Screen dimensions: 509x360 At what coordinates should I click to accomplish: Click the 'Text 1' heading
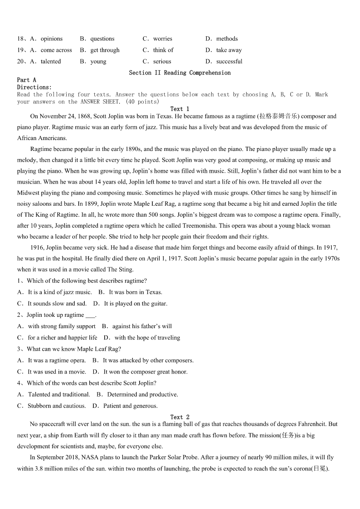(x=180, y=109)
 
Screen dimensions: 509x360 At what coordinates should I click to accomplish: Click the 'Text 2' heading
(x=180, y=417)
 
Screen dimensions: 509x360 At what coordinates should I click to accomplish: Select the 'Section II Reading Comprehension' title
(x=180, y=73)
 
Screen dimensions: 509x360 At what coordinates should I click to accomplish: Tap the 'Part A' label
(x=26, y=80)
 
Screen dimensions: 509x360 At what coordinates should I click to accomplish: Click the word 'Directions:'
(x=34, y=87)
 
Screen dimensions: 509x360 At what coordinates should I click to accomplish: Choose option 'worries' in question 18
(x=162, y=39)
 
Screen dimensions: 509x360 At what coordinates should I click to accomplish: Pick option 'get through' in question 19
(x=105, y=50)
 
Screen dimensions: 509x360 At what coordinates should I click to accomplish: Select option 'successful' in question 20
(x=229, y=61)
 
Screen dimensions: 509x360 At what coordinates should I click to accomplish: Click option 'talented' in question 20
(x=50, y=61)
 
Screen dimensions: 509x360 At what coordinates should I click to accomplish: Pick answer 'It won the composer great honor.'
(x=145, y=372)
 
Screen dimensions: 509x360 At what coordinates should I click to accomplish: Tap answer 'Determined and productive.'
(x=142, y=394)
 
